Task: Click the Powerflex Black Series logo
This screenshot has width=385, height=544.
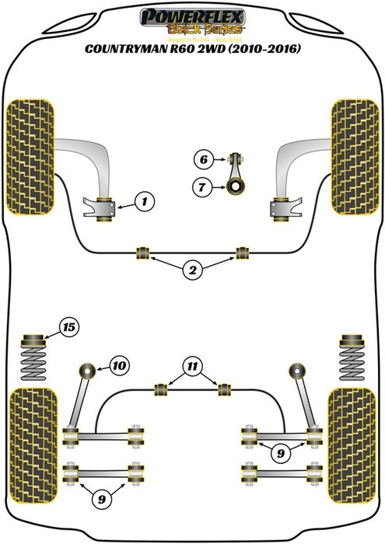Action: point(191,20)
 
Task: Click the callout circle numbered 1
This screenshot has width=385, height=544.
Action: point(143,204)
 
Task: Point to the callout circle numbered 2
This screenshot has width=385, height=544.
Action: point(191,271)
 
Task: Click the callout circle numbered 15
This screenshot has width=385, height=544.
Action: point(68,327)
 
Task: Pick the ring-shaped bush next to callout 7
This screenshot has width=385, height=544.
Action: point(233,186)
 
